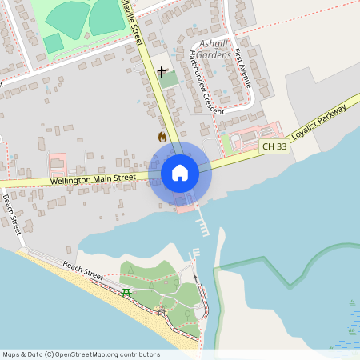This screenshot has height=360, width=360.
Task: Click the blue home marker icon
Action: (x=180, y=172)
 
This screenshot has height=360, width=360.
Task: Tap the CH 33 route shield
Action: (x=274, y=146)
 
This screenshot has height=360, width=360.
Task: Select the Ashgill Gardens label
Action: (x=214, y=45)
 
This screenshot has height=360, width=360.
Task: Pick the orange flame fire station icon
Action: (x=162, y=137)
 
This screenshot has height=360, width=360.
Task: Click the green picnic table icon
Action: (x=126, y=292)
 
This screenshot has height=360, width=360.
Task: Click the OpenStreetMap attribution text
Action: (x=80, y=354)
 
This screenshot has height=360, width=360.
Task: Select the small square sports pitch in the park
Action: (x=53, y=43)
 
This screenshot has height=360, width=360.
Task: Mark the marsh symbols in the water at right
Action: (x=352, y=316)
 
